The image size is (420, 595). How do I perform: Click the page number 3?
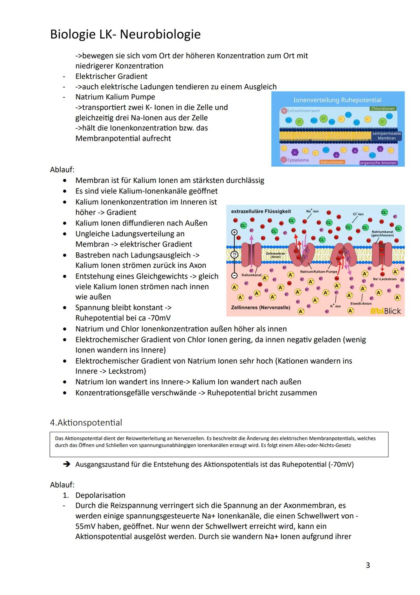pos(367,565)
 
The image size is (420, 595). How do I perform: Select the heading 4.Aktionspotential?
pos(86,422)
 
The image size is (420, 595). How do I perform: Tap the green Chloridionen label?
pos(383,109)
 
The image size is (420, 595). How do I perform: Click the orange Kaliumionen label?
pos(332,162)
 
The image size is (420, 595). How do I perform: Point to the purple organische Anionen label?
pos(378,163)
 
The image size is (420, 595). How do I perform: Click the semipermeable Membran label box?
pos(386,136)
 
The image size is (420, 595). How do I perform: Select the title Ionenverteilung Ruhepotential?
pos(337,100)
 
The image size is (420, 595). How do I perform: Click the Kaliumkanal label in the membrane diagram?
pos(251,275)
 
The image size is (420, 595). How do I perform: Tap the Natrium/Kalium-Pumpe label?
pos(318,271)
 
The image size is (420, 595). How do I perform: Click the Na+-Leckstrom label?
pos(384,279)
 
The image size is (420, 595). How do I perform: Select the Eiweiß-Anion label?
pos(360,303)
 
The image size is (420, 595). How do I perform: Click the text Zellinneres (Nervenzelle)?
pos(260,308)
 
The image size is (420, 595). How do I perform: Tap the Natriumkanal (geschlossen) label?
pos(382,233)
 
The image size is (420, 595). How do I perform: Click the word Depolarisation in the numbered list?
pos(100,495)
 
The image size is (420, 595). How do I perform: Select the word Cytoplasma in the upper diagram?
pos(297,160)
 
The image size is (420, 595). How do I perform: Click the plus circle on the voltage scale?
pos(234,232)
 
